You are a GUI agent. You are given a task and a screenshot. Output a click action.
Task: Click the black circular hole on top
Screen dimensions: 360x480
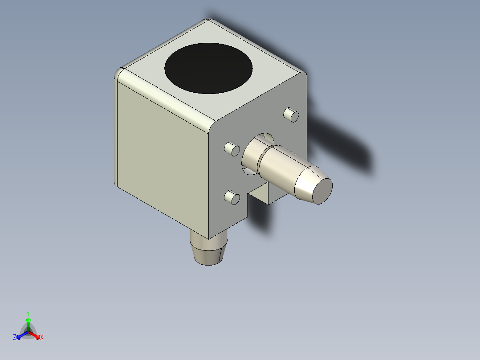pyautogui.click(x=208, y=68)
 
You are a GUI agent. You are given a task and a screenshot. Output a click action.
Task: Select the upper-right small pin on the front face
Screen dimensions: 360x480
pyautogui.click(x=291, y=115)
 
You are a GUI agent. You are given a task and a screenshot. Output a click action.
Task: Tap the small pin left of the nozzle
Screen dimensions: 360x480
pyautogui.click(x=231, y=148)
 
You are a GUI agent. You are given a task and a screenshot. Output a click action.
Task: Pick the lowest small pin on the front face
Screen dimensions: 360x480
pyautogui.click(x=231, y=197)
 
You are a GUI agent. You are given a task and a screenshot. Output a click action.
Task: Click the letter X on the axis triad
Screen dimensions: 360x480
pyautogui.click(x=42, y=338)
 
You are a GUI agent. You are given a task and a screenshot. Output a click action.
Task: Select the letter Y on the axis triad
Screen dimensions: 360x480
pyautogui.click(x=28, y=313)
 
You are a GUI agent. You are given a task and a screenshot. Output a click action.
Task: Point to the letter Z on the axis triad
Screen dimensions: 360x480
pyautogui.click(x=15, y=338)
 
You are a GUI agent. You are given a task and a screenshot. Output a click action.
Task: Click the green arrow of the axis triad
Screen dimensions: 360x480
pyautogui.click(x=28, y=323)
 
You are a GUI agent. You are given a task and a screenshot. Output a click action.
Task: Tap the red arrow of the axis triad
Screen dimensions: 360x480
pyautogui.click(x=35, y=335)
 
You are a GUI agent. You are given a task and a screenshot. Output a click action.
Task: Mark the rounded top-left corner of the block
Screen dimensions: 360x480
pyautogui.click(x=119, y=74)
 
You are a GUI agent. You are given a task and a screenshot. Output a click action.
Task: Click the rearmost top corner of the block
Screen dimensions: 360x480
pyautogui.click(x=208, y=20)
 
